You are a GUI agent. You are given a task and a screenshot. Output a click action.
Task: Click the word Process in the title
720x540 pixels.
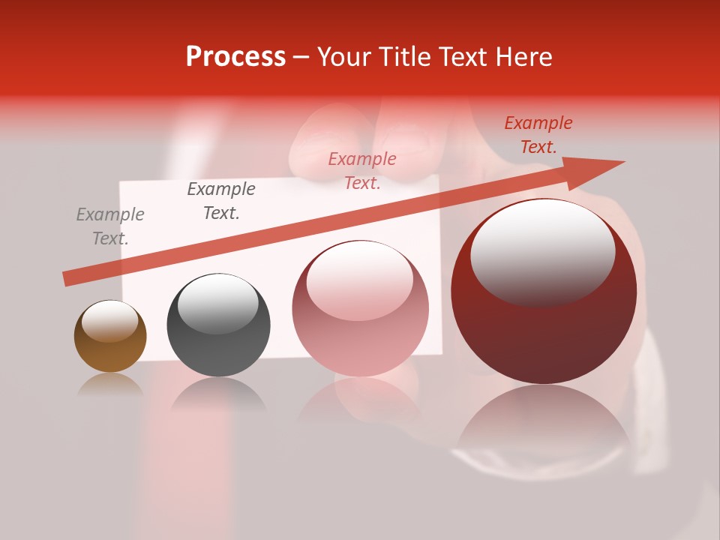pos(235,57)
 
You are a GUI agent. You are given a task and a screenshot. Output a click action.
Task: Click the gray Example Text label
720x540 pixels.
pos(110,226)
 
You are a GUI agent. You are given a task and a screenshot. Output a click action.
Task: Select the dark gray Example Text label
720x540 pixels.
pos(221,201)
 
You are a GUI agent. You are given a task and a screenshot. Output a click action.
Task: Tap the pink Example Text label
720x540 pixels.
pos(362,171)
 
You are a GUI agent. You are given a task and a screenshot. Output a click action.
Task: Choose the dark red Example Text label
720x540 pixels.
pos(538,135)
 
